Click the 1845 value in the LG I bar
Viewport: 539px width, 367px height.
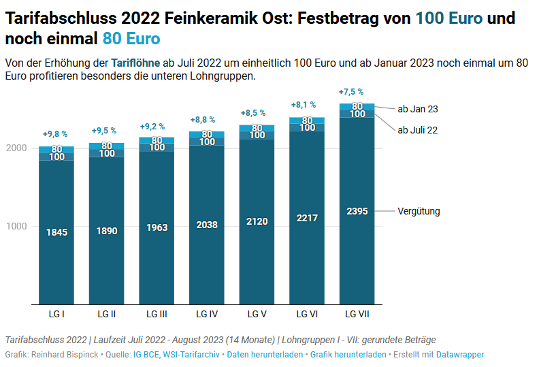click(x=56, y=232)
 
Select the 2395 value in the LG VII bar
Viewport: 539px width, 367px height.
click(x=357, y=211)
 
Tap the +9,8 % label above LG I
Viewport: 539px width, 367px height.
click(x=55, y=135)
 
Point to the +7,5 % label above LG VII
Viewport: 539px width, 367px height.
click(x=350, y=92)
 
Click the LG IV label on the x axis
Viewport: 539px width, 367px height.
click(x=207, y=314)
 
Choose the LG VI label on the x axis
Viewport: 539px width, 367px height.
click(x=308, y=314)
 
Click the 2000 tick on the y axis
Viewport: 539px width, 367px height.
click(x=16, y=148)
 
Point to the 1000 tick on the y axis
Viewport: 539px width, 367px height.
click(x=16, y=226)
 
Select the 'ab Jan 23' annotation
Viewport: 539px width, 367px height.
click(x=418, y=109)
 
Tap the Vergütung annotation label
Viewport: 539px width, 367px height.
click(x=419, y=211)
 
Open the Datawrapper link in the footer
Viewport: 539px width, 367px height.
click(x=460, y=355)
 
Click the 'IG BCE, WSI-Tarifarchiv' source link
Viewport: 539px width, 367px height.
click(x=177, y=355)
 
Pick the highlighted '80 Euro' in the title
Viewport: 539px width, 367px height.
click(x=131, y=38)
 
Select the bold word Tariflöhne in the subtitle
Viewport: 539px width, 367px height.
click(x=135, y=63)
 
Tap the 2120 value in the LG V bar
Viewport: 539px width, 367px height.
click(x=257, y=221)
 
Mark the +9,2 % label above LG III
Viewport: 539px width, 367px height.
click(x=152, y=127)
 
